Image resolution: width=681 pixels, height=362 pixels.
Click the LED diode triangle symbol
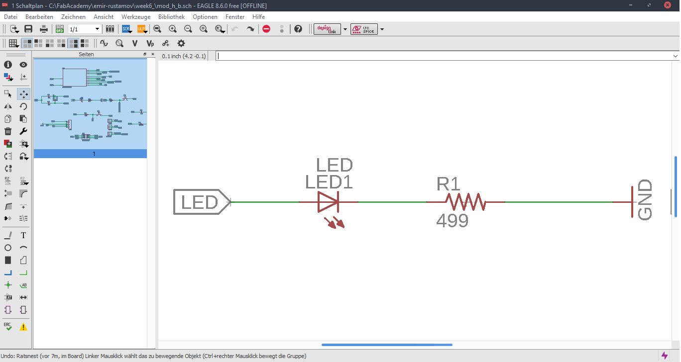328,202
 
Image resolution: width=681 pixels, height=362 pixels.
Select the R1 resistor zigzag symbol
465,202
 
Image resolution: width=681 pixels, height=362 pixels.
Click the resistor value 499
452,221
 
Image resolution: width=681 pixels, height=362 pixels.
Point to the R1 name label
448,184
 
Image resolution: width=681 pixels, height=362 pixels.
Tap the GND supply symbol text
645,200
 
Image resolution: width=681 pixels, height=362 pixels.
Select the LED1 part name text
329,182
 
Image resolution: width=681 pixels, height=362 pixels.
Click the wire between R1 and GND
558,202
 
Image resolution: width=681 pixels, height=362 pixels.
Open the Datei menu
10,17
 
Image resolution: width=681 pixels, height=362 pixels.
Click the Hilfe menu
258,17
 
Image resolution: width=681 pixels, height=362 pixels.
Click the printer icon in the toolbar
44,29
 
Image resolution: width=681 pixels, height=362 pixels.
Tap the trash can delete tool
8,131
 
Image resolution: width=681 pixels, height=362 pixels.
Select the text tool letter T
23,235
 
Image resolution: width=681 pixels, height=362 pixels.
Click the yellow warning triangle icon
23,327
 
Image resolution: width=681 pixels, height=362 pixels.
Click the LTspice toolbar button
363,29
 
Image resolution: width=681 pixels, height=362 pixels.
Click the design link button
327,29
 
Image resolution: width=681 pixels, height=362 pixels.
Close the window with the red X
668,5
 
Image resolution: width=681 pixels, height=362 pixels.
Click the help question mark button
298,29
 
